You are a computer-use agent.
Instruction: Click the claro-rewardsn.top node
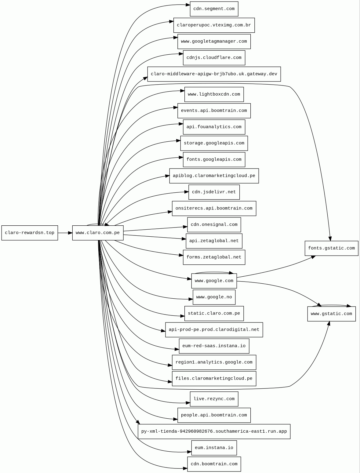click(30, 233)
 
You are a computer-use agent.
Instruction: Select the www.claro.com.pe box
click(98, 233)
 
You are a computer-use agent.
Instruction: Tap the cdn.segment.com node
click(214, 9)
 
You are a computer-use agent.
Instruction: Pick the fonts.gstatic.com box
click(331, 248)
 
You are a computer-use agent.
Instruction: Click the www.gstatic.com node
click(331, 314)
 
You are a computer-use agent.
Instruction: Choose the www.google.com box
click(214, 281)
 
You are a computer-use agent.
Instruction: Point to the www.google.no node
click(214, 297)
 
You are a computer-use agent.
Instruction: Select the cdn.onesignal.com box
click(214, 224)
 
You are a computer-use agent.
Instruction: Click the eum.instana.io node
click(214, 448)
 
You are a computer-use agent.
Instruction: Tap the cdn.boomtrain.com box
click(214, 464)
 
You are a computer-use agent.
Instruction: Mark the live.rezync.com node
click(214, 399)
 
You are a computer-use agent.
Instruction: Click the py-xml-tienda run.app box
click(214, 431)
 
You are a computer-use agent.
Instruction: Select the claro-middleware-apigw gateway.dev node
click(214, 74)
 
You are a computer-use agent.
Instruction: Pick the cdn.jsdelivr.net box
click(214, 192)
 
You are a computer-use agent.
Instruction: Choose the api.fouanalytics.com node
click(214, 127)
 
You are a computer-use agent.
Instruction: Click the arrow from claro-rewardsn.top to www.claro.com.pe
click(65, 233)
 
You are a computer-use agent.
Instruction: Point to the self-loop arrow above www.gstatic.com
click(331, 305)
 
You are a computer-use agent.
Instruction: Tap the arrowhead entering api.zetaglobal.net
click(184, 239)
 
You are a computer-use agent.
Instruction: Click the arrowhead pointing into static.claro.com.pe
click(183, 316)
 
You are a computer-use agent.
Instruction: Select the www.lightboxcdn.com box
click(214, 94)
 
